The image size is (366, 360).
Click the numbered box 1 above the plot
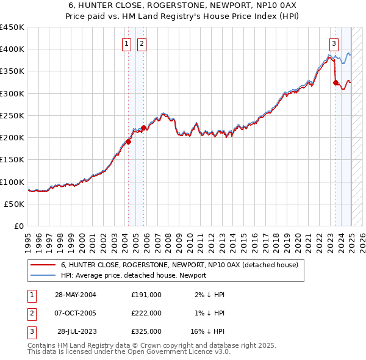click(x=126, y=43)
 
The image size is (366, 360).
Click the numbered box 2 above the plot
click(x=142, y=43)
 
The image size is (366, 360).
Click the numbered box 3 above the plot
click(x=334, y=43)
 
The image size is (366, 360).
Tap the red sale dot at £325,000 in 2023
click(x=335, y=82)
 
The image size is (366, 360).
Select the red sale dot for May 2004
click(x=128, y=142)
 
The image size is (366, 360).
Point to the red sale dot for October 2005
click(x=143, y=128)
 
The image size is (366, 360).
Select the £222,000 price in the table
click(x=146, y=313)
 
